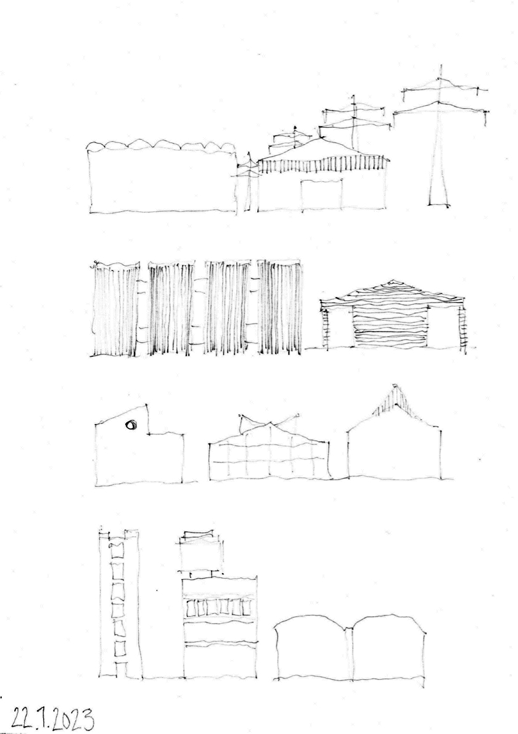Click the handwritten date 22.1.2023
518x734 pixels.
point(52,717)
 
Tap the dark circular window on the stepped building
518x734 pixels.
point(131,425)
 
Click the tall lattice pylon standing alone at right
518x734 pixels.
point(440,141)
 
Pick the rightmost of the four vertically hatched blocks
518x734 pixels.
point(279,307)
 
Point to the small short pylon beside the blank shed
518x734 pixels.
point(249,182)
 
